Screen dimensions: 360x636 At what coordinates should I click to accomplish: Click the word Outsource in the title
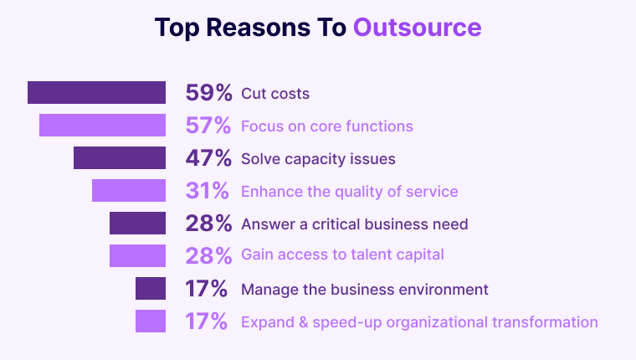click(x=417, y=28)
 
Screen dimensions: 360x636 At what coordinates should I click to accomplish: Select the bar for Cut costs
click(x=96, y=93)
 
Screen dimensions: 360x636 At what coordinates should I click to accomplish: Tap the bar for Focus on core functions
click(x=102, y=126)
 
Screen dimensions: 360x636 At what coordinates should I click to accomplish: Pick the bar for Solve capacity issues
click(x=120, y=158)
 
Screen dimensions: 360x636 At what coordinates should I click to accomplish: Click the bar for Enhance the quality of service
click(x=129, y=191)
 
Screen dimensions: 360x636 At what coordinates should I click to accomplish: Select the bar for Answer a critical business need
click(x=137, y=224)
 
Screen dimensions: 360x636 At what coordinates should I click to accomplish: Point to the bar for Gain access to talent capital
click(x=137, y=256)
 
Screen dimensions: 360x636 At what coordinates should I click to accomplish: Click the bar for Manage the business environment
click(x=151, y=289)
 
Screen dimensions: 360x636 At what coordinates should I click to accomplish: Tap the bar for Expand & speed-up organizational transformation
click(x=151, y=321)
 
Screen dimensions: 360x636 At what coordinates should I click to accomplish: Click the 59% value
click(x=208, y=93)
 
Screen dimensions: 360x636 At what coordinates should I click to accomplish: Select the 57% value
click(x=208, y=126)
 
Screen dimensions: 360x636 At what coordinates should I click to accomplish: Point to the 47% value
click(x=208, y=158)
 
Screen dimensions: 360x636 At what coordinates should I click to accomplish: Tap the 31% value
click(x=208, y=191)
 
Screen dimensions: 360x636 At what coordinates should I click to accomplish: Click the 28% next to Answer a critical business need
click(x=208, y=224)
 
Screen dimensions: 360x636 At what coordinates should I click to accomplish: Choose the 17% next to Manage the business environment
click(x=208, y=289)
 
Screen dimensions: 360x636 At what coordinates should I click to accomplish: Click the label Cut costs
click(x=275, y=94)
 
